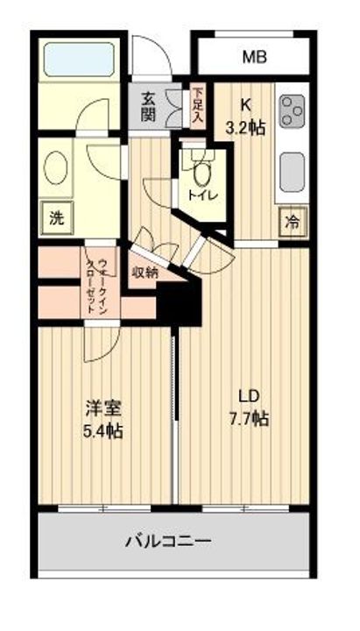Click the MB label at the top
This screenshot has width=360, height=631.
pos(254,58)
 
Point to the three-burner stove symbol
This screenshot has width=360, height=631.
pos(291,112)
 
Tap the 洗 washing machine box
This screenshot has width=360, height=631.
pos(56,218)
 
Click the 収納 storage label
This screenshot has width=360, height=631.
pos(145,273)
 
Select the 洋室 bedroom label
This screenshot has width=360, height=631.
pos(103,408)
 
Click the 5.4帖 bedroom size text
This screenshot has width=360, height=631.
pos(103,430)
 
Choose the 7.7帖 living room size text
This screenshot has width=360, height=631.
pos(249,418)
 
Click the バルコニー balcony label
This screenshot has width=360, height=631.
pos(173,542)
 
